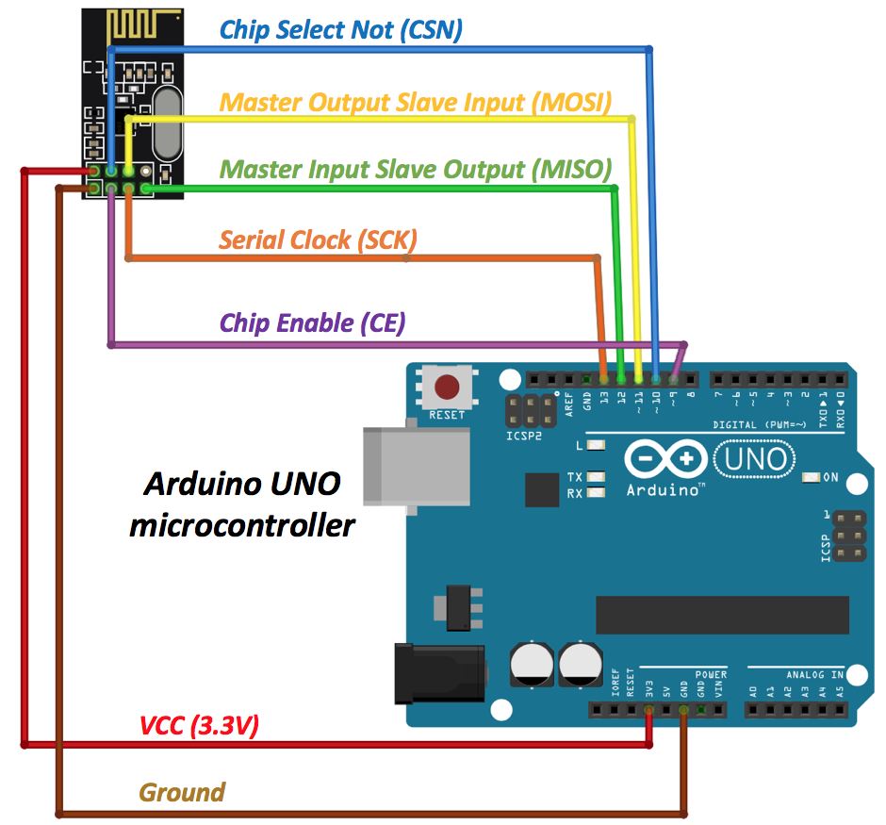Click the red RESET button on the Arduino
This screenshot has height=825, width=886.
click(x=447, y=388)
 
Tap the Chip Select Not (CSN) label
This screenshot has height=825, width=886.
click(x=340, y=29)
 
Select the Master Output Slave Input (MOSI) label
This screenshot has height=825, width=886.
click(x=416, y=102)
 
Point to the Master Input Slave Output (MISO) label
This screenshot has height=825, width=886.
click(x=416, y=170)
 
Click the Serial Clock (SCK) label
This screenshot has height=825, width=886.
click(x=319, y=240)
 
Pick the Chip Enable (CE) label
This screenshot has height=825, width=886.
click(x=313, y=322)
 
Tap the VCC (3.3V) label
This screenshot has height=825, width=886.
click(x=199, y=726)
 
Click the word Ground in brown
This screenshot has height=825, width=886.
click(x=182, y=792)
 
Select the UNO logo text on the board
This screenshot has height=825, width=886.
click(x=755, y=459)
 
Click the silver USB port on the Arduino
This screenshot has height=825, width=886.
click(x=417, y=466)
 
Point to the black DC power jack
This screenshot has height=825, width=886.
click(x=439, y=673)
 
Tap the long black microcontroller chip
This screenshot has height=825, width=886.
click(x=723, y=615)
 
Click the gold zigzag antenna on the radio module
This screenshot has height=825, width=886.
click(x=144, y=26)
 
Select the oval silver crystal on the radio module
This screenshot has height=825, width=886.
click(x=168, y=124)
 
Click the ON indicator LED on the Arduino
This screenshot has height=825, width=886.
click(x=812, y=477)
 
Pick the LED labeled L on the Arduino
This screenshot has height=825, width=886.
click(x=596, y=445)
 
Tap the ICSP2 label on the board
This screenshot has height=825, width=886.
click(x=524, y=437)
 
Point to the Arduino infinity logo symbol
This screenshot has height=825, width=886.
click(x=666, y=458)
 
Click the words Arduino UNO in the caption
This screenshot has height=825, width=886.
click(x=242, y=484)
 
